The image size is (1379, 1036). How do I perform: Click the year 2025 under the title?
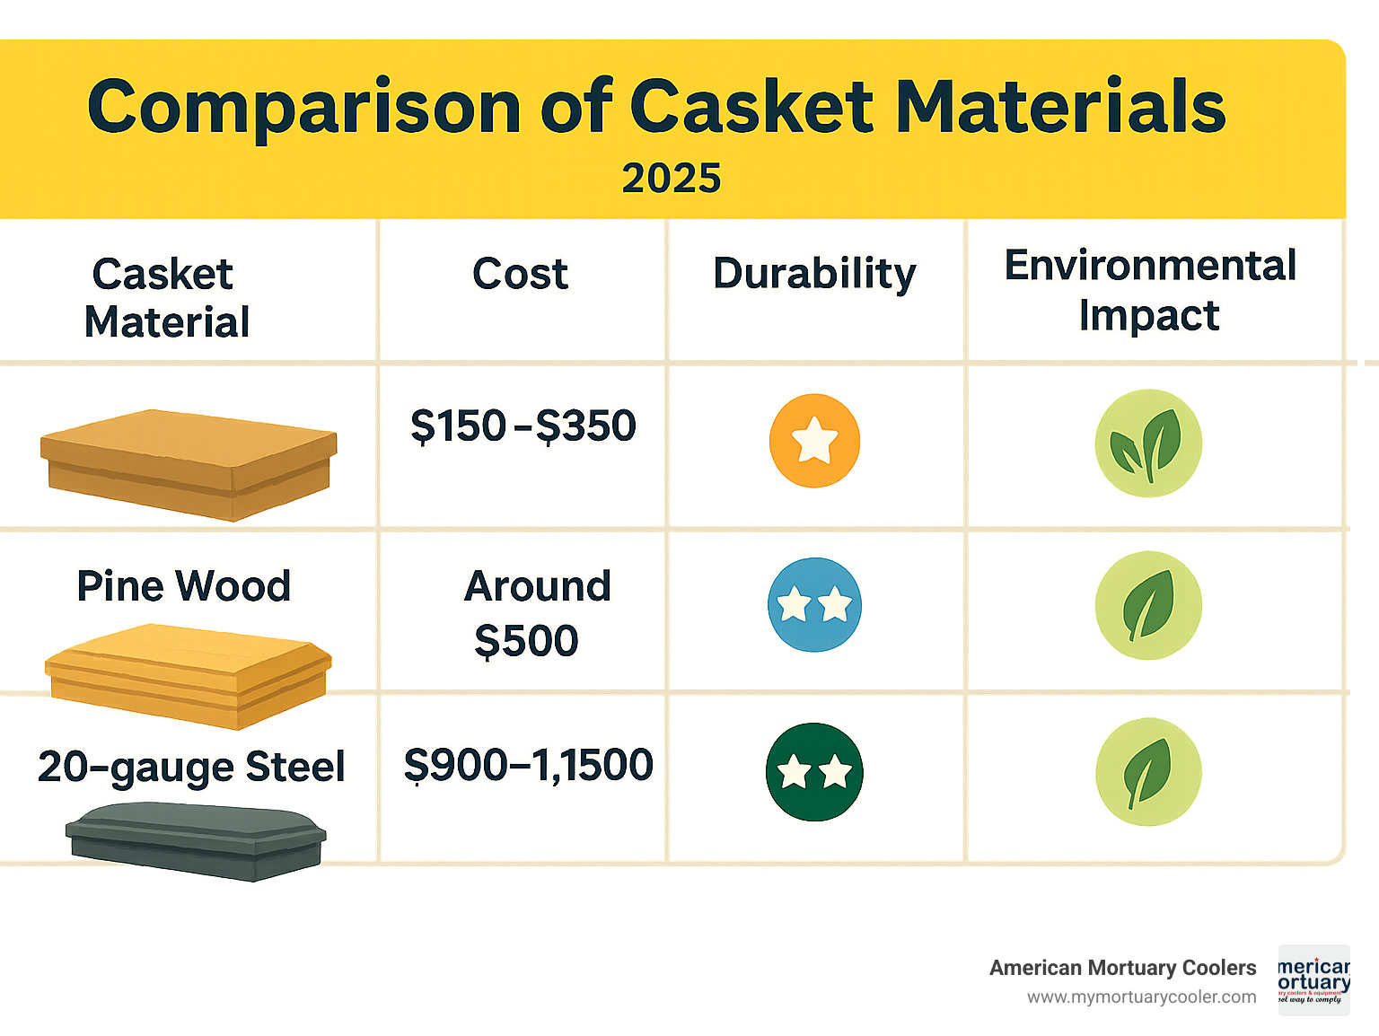672,179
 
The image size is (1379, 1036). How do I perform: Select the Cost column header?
521,274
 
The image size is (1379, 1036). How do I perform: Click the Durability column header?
814,274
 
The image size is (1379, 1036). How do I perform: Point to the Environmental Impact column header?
1150,290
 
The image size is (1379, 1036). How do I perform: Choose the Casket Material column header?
166,297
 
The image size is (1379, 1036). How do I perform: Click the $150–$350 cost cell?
523,426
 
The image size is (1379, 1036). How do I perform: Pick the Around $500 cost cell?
536,613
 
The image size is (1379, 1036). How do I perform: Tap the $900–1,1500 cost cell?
528,766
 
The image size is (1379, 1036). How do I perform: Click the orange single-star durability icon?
814,440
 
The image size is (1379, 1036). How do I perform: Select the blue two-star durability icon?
814,604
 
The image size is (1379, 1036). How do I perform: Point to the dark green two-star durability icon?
814,771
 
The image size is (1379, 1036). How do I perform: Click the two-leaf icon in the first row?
1148,443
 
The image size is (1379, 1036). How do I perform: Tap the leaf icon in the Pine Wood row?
1148,605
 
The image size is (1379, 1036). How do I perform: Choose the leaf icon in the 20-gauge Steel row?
1148,772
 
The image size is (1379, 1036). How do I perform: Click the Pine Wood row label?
184,586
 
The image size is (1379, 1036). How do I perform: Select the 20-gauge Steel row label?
191,767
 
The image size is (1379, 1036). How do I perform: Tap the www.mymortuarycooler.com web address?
1141,997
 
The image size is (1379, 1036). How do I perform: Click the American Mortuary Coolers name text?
1122,968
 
